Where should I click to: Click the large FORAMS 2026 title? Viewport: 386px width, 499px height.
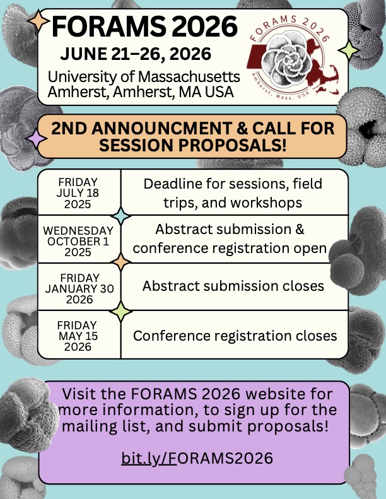point(145,26)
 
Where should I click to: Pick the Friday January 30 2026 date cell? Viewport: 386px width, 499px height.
point(79,288)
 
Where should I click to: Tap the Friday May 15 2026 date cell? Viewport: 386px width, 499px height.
point(79,336)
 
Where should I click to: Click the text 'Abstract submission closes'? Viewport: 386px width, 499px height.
point(233,286)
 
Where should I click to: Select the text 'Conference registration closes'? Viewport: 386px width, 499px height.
point(235,336)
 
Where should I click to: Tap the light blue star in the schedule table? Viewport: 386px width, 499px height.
point(121,216)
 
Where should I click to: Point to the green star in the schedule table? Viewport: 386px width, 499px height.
point(121,310)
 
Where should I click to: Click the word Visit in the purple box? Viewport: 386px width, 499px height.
point(79,395)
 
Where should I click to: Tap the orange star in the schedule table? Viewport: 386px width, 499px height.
point(121,262)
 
